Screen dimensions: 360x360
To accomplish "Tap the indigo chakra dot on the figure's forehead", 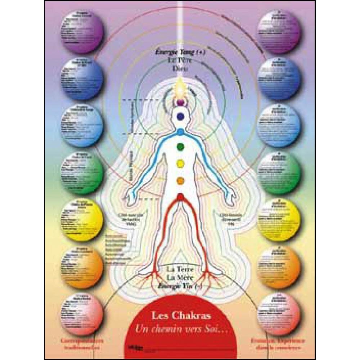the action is point(181,116).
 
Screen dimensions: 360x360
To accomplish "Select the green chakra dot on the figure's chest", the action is point(181,147).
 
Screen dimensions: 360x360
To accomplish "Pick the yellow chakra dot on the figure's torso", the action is point(181,164).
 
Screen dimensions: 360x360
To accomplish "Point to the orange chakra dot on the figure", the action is point(181,180).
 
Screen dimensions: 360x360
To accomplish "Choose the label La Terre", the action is point(181,269).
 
